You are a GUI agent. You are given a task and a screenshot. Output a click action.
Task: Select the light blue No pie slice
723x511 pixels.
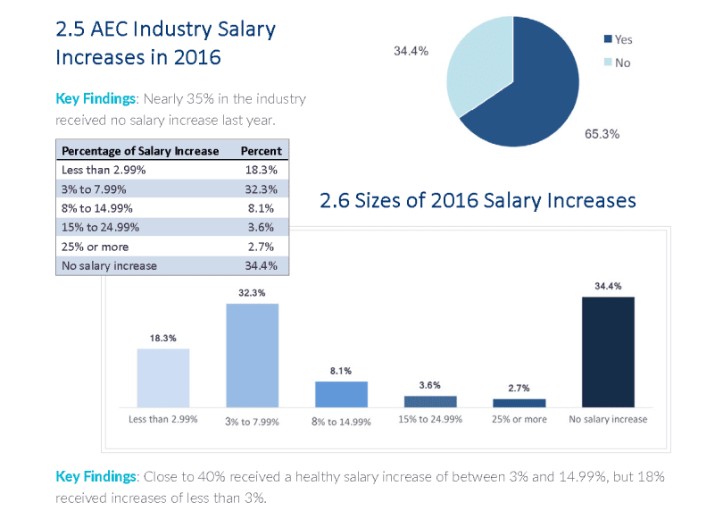click(x=478, y=63)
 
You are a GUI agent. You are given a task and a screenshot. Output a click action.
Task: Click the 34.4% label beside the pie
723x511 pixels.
click(x=411, y=51)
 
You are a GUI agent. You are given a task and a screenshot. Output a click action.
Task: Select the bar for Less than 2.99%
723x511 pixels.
click(x=163, y=378)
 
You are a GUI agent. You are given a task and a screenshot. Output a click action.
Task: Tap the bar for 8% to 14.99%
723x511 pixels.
click(x=341, y=394)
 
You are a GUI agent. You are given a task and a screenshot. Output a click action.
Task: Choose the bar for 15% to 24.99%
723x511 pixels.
click(x=430, y=401)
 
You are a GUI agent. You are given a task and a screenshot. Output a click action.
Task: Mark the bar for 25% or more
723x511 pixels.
click(x=519, y=403)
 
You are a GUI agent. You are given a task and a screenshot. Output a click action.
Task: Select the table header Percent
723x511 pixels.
click(x=261, y=151)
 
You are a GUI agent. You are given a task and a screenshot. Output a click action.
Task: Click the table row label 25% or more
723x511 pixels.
click(x=95, y=247)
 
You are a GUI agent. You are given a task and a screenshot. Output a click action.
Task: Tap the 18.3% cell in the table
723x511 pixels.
click(x=261, y=170)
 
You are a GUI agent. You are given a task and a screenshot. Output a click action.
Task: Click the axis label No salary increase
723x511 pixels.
click(x=608, y=419)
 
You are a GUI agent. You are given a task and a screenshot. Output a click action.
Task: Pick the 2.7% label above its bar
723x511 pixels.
click(x=519, y=388)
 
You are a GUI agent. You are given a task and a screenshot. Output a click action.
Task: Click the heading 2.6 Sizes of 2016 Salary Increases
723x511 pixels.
click(x=478, y=200)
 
